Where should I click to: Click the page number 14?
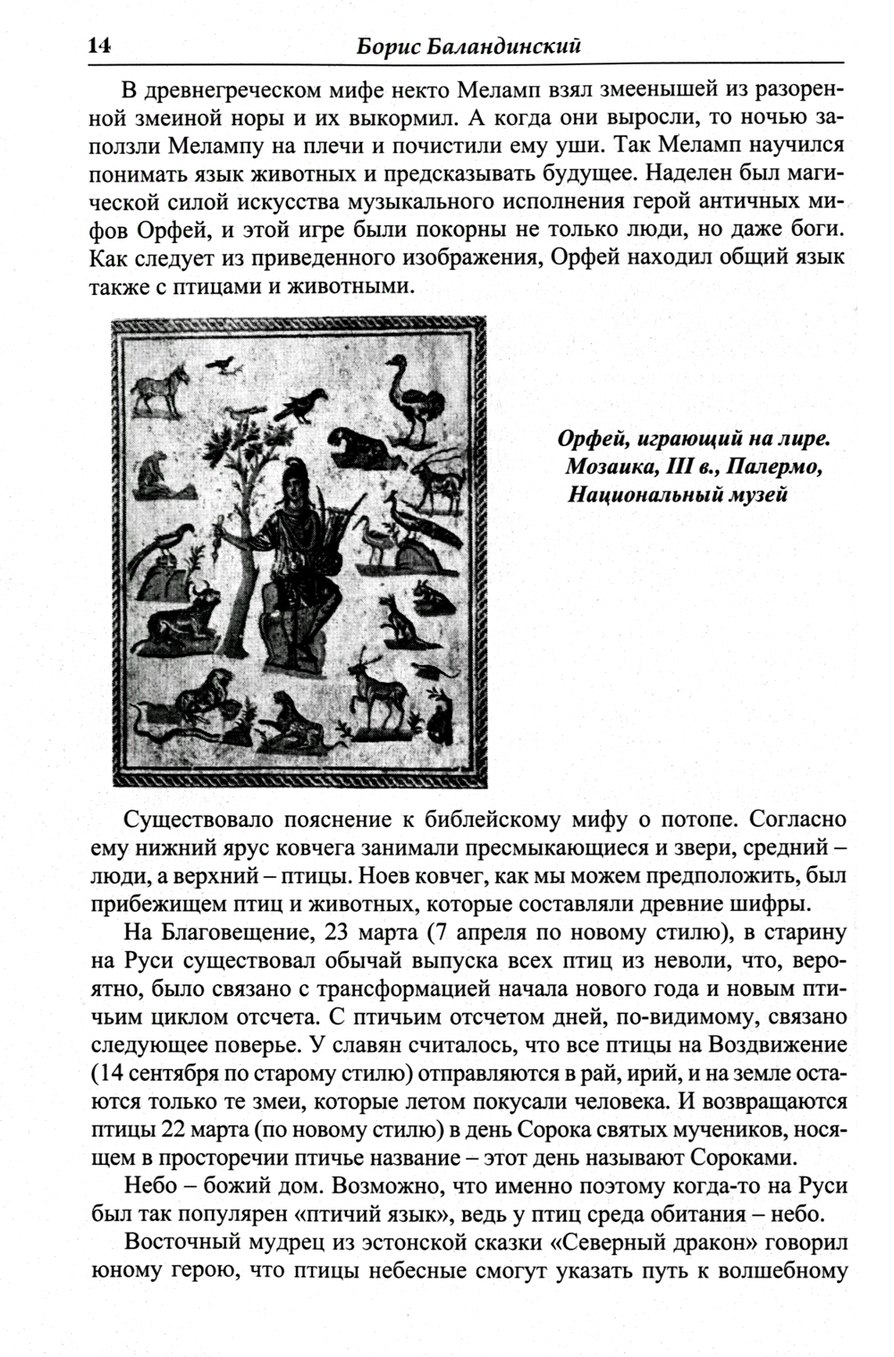(x=97, y=46)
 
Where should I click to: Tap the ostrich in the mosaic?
(x=412, y=398)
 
